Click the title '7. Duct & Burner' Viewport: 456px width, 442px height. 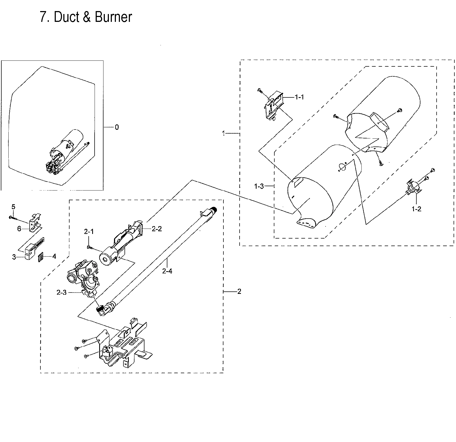(x=86, y=17)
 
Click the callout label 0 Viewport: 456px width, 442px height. (x=116, y=127)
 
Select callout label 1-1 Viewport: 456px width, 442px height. (x=299, y=97)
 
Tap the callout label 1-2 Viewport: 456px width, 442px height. (x=416, y=209)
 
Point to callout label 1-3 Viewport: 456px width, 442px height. (x=259, y=186)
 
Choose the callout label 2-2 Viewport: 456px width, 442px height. (x=157, y=229)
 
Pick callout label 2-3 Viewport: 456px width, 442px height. (x=61, y=293)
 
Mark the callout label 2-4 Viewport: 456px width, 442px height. (x=167, y=271)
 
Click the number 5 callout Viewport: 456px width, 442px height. (x=13, y=207)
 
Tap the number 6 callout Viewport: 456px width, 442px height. (x=19, y=229)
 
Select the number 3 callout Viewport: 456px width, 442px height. (x=14, y=257)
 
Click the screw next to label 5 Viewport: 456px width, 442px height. (x=13, y=217)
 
